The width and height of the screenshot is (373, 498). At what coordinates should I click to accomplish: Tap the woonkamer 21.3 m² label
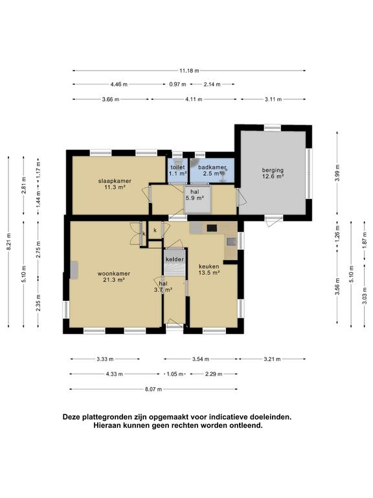114,277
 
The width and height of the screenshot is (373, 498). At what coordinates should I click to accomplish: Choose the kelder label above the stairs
174,259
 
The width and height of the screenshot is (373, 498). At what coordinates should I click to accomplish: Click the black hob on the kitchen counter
211,228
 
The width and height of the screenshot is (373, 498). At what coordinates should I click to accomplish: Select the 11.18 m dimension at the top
188,71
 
